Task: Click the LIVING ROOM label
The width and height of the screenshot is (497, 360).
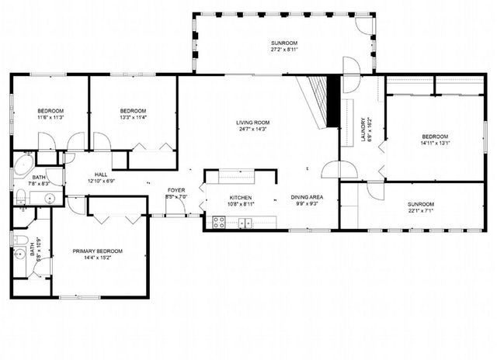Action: pyautogui.click(x=252, y=123)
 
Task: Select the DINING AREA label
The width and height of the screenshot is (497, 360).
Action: pyautogui.click(x=307, y=197)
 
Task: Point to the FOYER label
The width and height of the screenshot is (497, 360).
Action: pyautogui.click(x=176, y=190)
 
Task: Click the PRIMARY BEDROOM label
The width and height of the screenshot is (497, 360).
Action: pyautogui.click(x=98, y=251)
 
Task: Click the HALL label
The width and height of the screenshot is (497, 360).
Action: pyautogui.click(x=101, y=175)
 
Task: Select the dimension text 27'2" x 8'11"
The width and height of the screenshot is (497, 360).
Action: pyautogui.click(x=284, y=50)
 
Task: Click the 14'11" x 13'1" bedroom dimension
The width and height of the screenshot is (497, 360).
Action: pyautogui.click(x=435, y=142)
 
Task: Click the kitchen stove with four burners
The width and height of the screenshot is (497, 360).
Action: pyautogui.click(x=219, y=223)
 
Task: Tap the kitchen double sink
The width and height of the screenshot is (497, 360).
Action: pyautogui.click(x=245, y=223)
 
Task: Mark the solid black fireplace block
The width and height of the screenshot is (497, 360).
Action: pyautogui.click(x=333, y=101)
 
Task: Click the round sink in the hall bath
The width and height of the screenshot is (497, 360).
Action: pyautogui.click(x=49, y=198)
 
